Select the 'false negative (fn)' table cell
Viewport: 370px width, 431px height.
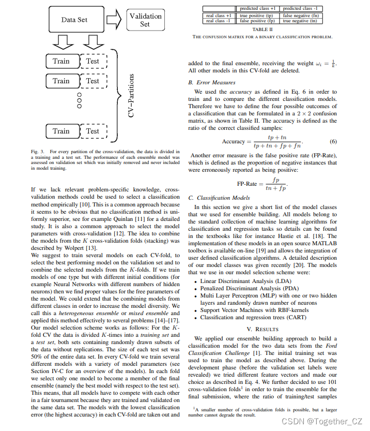301,16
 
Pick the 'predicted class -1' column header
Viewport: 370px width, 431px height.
301,9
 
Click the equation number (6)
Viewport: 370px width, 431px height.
333,142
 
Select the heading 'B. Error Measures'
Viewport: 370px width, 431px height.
212,82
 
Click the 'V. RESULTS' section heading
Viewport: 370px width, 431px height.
263,329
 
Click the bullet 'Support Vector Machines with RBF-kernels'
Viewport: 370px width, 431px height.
254,310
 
